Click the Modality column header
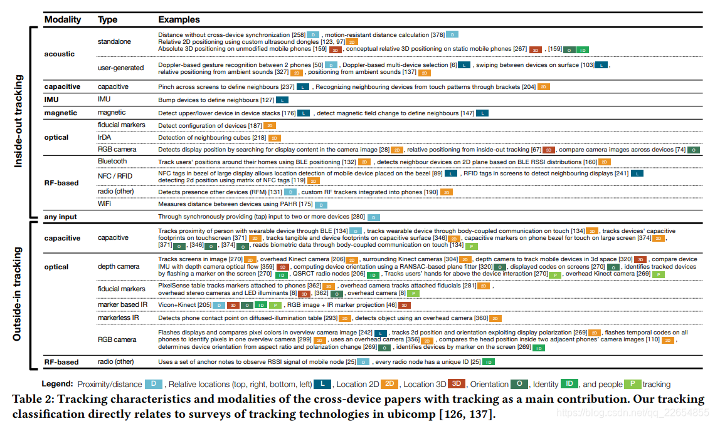[63, 19]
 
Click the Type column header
[107, 19]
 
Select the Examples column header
[179, 19]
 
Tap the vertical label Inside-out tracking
[19, 121]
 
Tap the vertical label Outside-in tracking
[19, 294]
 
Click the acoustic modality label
[60, 54]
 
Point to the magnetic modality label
[61, 113]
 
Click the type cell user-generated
[120, 68]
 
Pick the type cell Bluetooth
[112, 162]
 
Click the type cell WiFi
[105, 204]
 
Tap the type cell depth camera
[119, 267]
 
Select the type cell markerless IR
[119, 318]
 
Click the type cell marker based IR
[122, 304]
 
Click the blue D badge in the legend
[154, 385]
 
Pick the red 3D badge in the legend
[457, 385]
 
